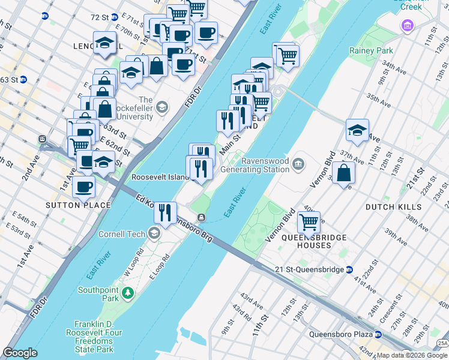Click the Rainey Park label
point(372,51)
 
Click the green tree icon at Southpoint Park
point(127,293)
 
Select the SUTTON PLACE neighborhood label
point(79,205)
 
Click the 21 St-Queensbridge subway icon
point(349,269)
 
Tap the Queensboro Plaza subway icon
point(378,334)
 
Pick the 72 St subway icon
point(45,16)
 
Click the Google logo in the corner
point(20,353)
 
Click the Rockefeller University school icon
point(161,108)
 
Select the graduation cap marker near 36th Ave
point(357,130)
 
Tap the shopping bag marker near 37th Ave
point(343,172)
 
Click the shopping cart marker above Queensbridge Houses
point(309,222)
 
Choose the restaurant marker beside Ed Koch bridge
point(164,211)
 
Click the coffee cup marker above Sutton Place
point(84,186)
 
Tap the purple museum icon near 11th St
point(408,26)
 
